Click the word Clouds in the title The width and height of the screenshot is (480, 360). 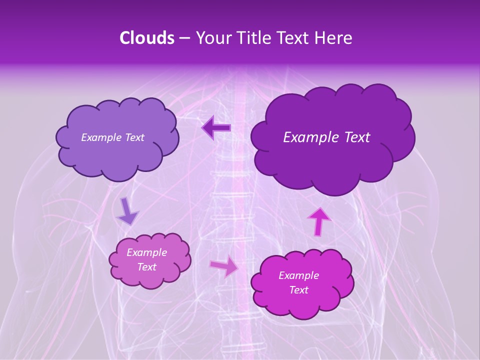146,38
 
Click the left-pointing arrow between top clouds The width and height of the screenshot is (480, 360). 216,128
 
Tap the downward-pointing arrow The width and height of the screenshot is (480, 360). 127,211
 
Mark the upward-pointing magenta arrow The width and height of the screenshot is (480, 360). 319,221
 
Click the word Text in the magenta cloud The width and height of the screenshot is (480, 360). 298,290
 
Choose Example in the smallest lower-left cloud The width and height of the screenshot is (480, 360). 146,252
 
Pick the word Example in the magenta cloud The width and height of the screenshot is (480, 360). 298,275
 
